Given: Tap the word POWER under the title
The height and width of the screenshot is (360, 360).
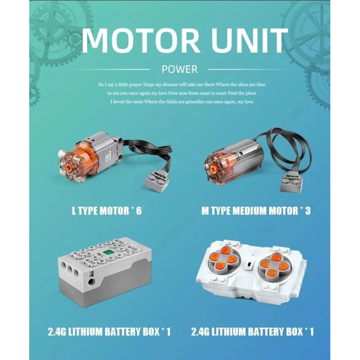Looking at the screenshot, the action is [x=180, y=69].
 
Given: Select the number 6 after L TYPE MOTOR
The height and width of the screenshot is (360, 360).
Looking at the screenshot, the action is [x=139, y=211].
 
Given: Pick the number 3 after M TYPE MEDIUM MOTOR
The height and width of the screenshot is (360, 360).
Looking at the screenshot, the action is [x=308, y=211].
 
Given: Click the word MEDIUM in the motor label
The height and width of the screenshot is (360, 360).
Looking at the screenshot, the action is [x=250, y=211].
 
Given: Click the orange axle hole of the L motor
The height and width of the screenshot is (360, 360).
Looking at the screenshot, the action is [x=69, y=166].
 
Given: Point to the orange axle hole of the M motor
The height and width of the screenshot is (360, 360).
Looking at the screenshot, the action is [x=213, y=170].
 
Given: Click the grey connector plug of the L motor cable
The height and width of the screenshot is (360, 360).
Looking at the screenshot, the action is [x=157, y=182].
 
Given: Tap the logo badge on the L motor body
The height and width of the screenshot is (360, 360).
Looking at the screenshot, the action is [x=108, y=155].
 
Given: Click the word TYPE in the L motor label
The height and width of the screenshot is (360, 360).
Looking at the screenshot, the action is [x=88, y=211].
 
